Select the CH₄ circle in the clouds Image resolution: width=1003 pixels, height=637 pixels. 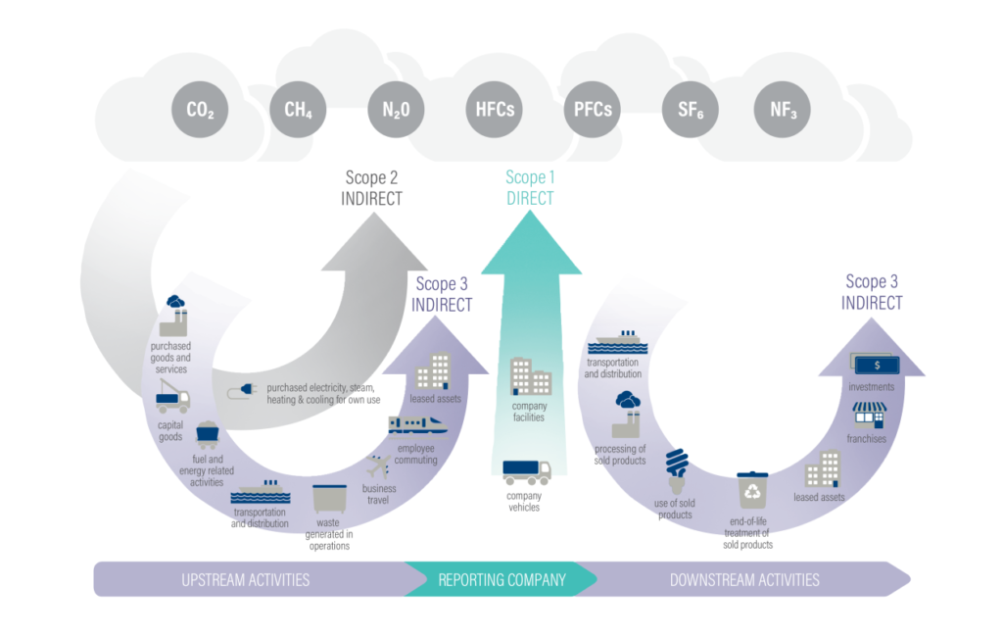point(299,110)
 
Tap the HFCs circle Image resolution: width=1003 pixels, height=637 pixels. point(495,110)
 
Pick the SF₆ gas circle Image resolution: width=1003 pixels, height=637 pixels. point(691,110)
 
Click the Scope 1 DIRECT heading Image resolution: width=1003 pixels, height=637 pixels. point(529,188)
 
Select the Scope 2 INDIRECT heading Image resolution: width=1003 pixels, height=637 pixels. point(372,188)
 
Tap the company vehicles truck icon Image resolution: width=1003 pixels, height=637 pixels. point(527,472)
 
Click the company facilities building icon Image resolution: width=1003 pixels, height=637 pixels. point(530,376)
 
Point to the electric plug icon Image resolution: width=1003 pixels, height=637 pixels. point(241,393)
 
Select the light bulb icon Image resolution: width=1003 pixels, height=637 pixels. point(676,469)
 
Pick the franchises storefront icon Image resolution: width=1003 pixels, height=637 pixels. point(868,416)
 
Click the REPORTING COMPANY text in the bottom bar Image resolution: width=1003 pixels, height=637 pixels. point(501,579)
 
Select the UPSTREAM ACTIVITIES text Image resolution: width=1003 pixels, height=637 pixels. point(246,579)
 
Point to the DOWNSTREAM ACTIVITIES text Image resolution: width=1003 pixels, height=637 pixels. point(744,579)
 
